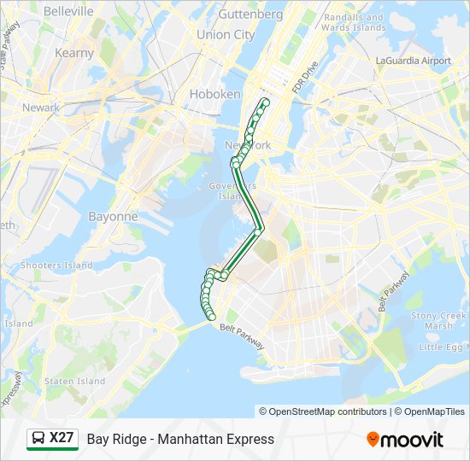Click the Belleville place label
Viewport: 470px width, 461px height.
68,11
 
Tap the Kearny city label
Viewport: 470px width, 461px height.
74,53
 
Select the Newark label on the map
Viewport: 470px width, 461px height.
41,108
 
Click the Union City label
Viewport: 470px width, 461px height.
226,35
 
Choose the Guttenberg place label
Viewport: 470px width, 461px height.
250,15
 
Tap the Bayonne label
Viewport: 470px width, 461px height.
113,217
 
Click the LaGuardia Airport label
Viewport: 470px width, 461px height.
413,61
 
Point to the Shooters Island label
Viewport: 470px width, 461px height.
56,266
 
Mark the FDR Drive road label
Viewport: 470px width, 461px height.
304,78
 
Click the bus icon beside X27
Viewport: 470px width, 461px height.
38,439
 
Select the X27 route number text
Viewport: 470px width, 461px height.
62,438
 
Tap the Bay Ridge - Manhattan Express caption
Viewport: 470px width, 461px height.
180,439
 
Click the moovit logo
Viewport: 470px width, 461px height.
405,440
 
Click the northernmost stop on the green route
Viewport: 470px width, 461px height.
266,102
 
